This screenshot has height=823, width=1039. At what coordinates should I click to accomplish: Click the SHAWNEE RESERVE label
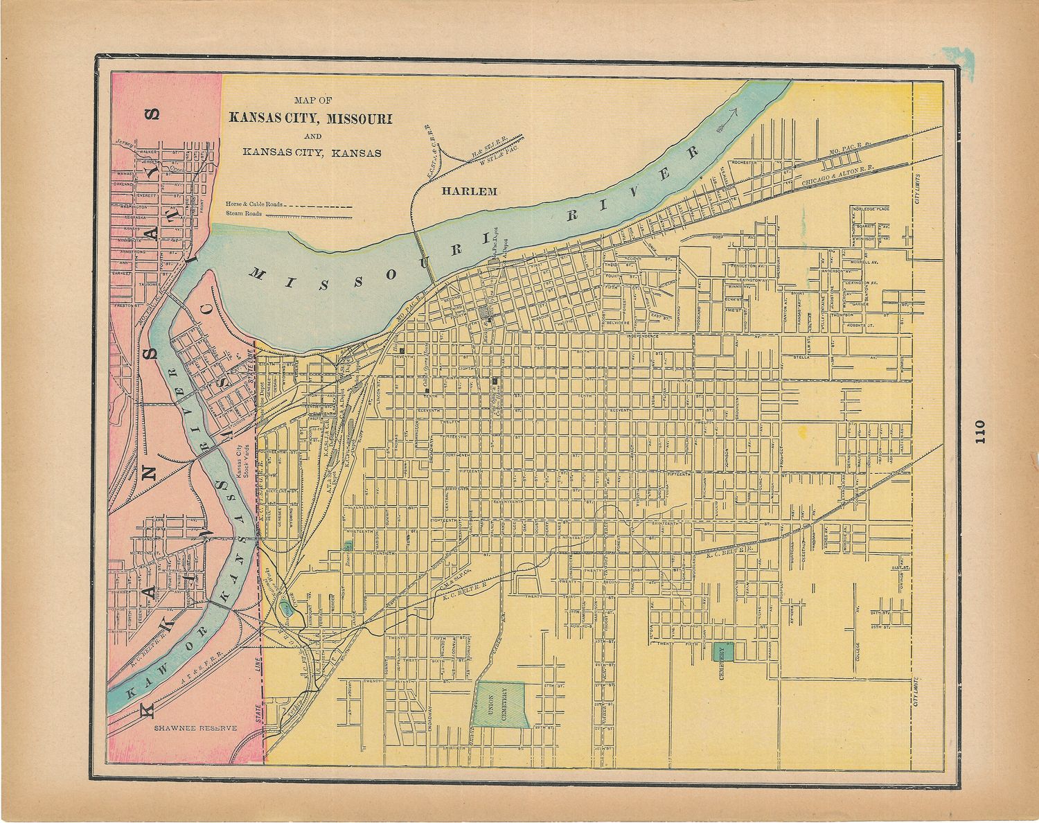pyautogui.click(x=195, y=729)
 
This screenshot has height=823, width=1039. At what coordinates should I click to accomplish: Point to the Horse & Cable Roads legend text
pyautogui.click(x=254, y=205)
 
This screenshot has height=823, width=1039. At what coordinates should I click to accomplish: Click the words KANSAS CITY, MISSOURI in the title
pyautogui.click(x=311, y=118)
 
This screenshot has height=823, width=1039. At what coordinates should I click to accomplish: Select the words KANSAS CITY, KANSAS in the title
pyautogui.click(x=312, y=153)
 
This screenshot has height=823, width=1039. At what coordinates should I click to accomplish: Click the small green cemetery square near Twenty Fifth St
pyautogui.click(x=724, y=652)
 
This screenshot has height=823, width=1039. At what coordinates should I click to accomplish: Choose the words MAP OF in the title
pyautogui.click(x=312, y=100)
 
